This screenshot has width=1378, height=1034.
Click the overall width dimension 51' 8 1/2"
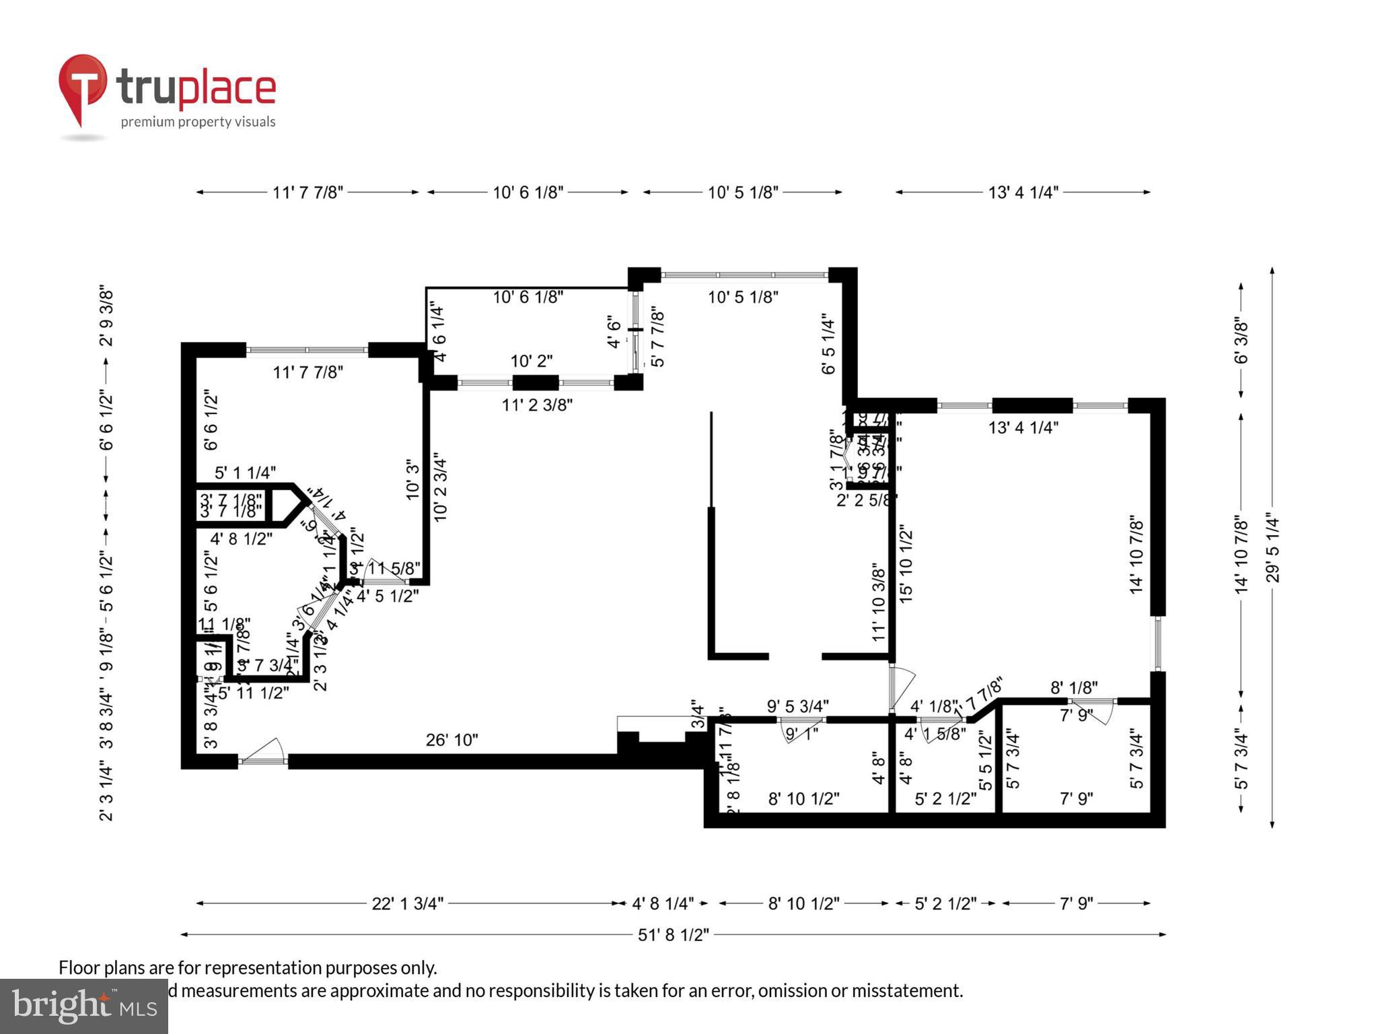[673, 935]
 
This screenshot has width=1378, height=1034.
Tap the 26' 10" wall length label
[451, 740]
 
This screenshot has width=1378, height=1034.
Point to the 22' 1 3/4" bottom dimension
[408, 903]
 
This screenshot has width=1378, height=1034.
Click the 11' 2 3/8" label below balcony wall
[537, 405]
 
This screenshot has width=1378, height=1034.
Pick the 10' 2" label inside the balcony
[531, 361]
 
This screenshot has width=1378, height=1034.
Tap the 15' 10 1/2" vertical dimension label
[906, 565]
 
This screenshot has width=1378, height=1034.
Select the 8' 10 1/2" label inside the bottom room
[803, 799]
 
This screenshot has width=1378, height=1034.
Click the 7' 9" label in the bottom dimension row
[1076, 903]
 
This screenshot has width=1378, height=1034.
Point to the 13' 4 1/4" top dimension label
[1023, 193]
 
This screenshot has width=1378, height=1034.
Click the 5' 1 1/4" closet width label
[245, 473]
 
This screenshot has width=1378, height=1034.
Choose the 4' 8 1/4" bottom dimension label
[662, 903]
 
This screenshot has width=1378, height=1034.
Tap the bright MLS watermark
[83, 1006]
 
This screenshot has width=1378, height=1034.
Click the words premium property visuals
[198, 122]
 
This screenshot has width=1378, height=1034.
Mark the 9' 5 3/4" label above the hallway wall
[797, 706]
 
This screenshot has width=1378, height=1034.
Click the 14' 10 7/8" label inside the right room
[1136, 555]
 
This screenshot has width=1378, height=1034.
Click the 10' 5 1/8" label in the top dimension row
[742, 193]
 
